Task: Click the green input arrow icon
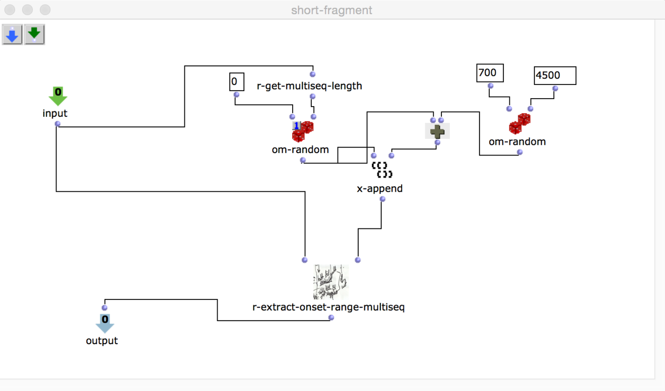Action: (58, 96)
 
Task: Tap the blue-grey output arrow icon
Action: (104, 323)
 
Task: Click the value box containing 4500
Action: (555, 75)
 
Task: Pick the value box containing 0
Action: (236, 82)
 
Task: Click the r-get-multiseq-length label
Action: (309, 86)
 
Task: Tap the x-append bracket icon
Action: (382, 170)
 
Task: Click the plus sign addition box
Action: (437, 131)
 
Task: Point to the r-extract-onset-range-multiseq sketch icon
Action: (330, 282)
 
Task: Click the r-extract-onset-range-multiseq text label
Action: (328, 307)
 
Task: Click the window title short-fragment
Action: (331, 10)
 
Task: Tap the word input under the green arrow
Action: (55, 113)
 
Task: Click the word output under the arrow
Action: (102, 341)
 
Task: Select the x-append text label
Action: (379, 189)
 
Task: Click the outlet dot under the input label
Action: (57, 124)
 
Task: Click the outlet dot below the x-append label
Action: (382, 199)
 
